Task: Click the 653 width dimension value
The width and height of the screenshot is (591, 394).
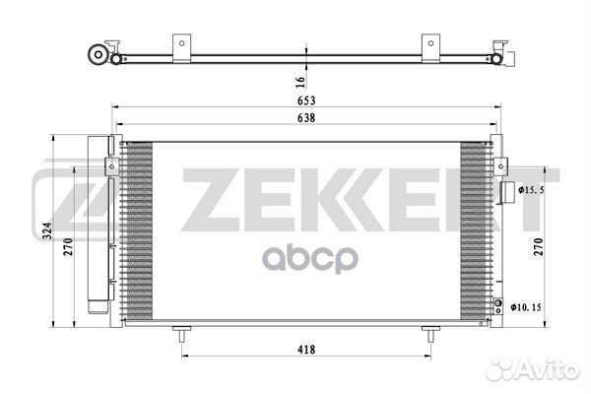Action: click(306, 100)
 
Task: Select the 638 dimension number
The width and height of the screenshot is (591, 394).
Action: click(306, 118)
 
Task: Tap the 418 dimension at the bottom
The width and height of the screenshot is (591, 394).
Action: click(306, 350)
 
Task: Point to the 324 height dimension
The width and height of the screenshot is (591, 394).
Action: click(46, 230)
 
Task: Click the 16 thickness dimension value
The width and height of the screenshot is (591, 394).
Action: click(300, 82)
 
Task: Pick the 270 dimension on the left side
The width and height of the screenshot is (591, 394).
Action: click(68, 247)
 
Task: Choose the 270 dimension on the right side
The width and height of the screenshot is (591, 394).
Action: click(538, 247)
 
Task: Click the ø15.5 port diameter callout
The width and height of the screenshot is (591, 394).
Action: click(531, 190)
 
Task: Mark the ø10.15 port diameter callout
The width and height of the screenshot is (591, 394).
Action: click(526, 307)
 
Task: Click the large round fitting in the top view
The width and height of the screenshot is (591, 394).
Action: click(98, 55)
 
